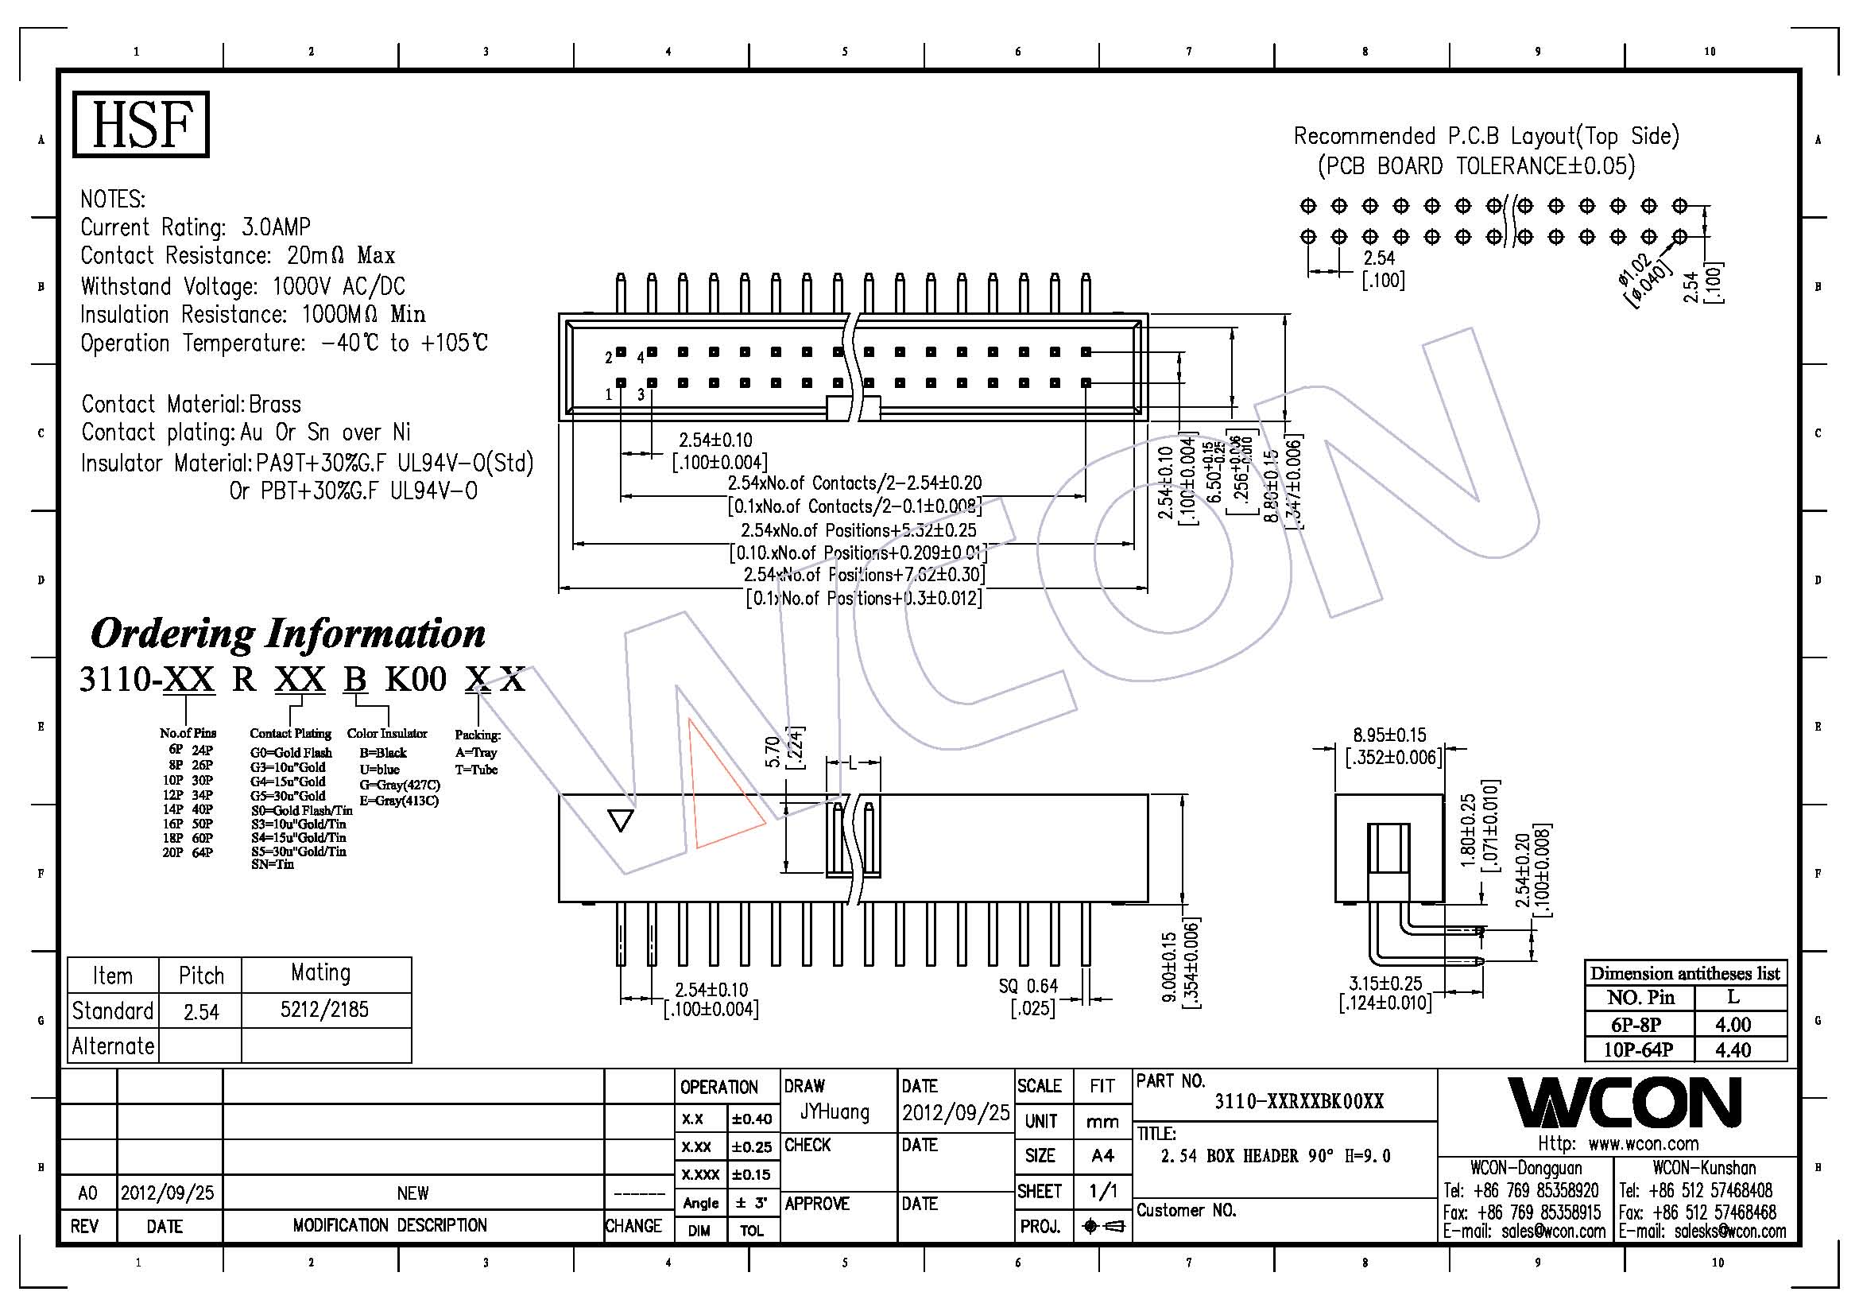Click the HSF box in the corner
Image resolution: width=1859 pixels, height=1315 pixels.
point(141,124)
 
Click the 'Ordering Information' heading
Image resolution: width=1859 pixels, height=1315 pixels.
point(288,633)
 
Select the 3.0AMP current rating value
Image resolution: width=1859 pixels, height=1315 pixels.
point(275,227)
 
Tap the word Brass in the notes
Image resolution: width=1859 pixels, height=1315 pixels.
point(275,404)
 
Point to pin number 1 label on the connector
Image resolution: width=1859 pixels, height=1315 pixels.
point(608,394)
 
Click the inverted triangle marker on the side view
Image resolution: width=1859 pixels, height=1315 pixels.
point(620,821)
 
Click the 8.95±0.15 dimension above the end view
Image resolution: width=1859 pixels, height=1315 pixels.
point(1389,735)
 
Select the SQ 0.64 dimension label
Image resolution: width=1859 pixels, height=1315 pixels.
point(1028,985)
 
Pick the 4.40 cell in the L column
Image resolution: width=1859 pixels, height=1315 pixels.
point(1733,1049)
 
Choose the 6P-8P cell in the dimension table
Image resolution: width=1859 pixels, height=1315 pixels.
point(1636,1024)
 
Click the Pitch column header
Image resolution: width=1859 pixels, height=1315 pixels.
point(201,976)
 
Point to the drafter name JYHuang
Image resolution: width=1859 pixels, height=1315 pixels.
point(834,1111)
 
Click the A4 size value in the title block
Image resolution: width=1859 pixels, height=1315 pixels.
point(1102,1155)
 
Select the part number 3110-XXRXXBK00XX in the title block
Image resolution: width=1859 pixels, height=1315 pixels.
point(1299,1101)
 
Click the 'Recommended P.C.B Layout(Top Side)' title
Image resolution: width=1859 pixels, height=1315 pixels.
point(1485,135)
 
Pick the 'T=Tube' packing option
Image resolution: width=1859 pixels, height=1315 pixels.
point(476,770)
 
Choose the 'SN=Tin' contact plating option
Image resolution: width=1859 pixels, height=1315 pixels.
point(272,864)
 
